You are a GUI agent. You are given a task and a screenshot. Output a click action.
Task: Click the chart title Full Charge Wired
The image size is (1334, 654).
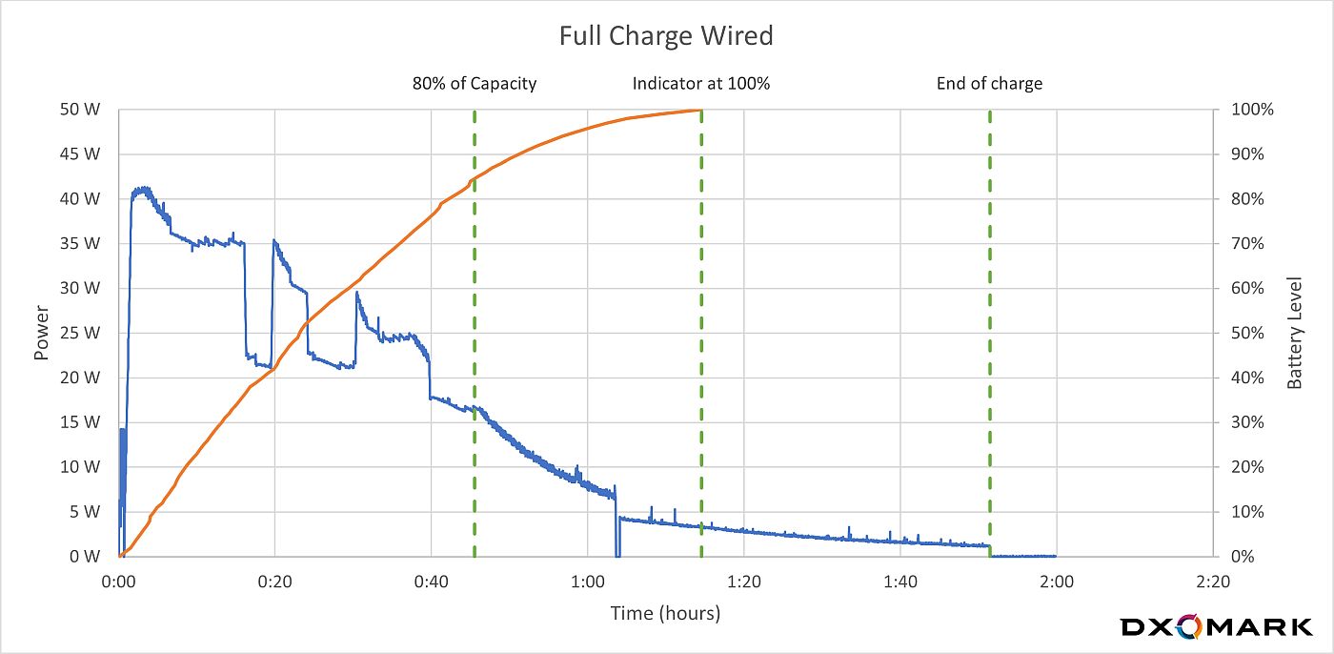tap(665, 36)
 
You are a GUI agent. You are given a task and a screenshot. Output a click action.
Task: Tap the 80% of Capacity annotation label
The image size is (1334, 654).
tap(475, 84)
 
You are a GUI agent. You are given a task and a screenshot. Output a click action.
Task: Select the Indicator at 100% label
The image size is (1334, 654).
tap(701, 84)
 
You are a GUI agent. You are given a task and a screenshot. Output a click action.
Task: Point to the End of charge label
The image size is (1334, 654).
tap(989, 84)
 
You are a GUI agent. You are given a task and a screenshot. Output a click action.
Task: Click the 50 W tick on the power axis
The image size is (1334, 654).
tap(80, 110)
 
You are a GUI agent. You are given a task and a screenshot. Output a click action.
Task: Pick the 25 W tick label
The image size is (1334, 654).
tap(80, 333)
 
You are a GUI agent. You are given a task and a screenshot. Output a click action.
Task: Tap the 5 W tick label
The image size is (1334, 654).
tap(84, 512)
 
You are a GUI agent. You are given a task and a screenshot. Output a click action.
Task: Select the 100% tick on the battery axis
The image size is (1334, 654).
tap(1252, 110)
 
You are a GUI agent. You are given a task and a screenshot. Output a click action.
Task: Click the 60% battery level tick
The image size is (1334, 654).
tap(1248, 288)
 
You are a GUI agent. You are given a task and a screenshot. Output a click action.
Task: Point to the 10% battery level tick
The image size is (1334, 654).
tap(1248, 512)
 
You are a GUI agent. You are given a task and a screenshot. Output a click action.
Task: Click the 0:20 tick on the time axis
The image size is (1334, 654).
tap(274, 581)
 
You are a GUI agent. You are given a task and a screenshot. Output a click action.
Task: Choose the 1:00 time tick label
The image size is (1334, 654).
tap(587, 581)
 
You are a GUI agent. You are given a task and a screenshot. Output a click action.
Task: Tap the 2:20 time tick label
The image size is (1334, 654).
tap(1212, 581)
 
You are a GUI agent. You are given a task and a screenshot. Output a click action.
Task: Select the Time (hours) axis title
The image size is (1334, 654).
tap(665, 613)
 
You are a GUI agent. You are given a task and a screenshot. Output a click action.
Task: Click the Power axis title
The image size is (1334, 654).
tap(41, 333)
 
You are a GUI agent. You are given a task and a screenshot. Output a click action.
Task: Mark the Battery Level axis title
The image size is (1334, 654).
tap(1295, 333)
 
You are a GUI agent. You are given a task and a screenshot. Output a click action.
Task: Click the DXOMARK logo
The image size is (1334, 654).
tap(1216, 627)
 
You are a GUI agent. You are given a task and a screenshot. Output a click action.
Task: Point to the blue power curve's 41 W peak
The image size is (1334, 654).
tap(142, 189)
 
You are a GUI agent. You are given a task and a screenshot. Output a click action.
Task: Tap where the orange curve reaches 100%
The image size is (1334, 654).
tap(700, 111)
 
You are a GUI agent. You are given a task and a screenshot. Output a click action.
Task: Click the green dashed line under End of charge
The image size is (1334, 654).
tap(990, 334)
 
